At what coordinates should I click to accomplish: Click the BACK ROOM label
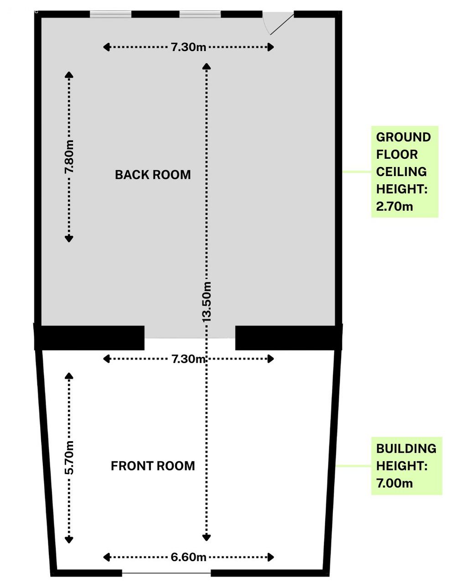153,175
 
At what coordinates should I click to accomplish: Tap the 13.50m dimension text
207,302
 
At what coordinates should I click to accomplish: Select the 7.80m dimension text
69,156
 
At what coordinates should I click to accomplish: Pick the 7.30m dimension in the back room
189,47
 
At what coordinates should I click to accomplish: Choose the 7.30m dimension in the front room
189,359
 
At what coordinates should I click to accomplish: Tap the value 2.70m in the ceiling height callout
394,207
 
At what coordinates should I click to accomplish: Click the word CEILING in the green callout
401,172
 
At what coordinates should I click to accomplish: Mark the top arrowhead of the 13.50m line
207,66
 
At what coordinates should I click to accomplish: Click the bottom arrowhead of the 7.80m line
69,239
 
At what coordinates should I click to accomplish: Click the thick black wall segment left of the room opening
89,338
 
